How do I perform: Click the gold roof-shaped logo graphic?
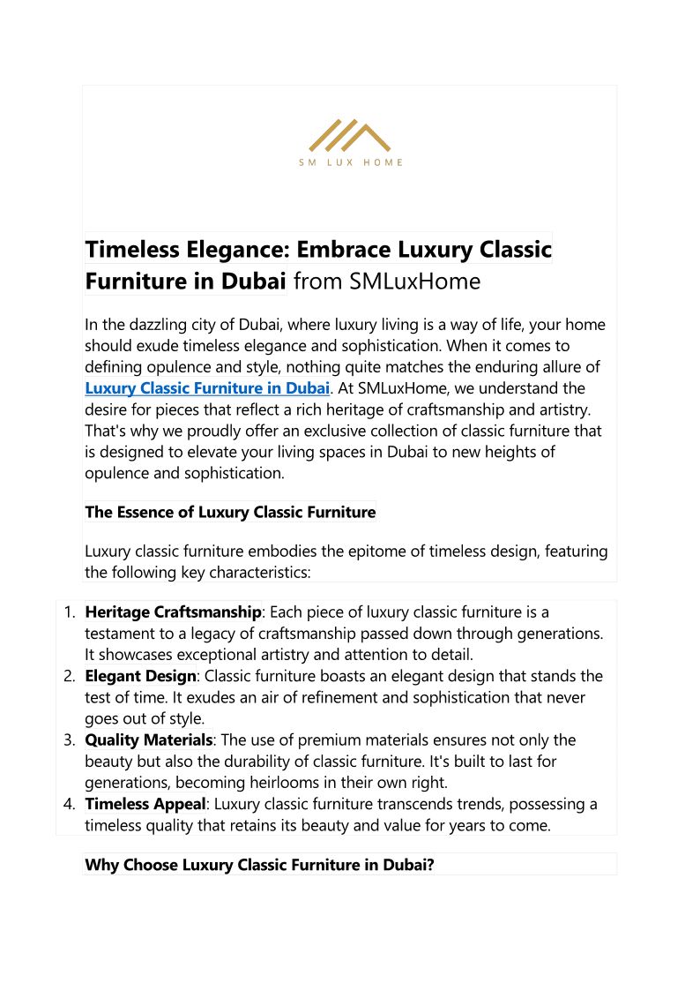pos(350,135)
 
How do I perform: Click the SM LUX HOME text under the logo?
pos(350,162)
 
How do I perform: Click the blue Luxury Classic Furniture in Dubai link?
pos(207,388)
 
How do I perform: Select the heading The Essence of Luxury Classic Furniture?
pos(230,512)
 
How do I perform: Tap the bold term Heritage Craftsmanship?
pos(173,612)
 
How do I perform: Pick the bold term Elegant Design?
pos(140,676)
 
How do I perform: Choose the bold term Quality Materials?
pos(148,740)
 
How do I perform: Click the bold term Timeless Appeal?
pos(145,805)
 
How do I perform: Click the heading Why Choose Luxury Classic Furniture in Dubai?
pos(259,865)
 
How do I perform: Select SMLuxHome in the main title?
pos(415,282)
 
